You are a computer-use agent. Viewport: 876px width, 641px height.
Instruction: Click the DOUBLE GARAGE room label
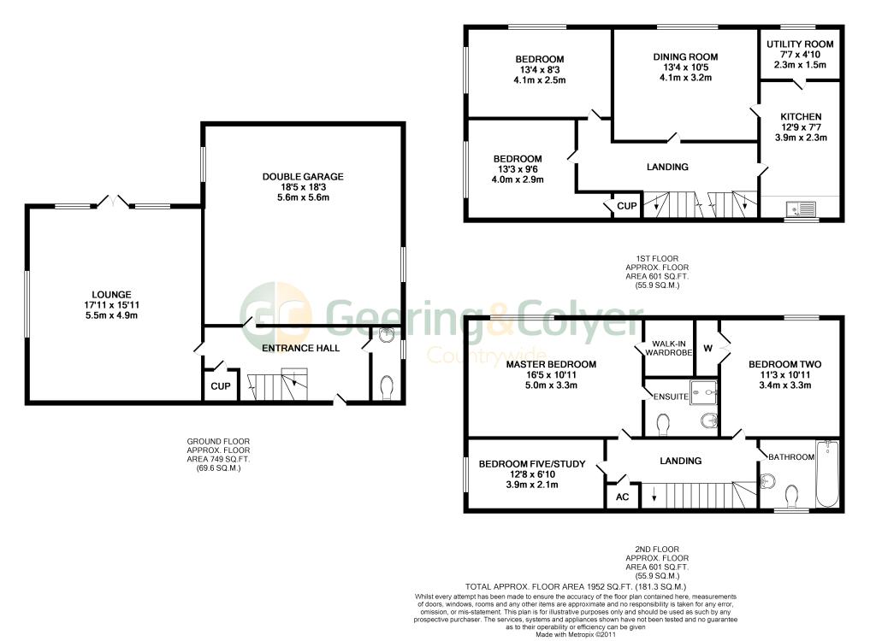(303, 177)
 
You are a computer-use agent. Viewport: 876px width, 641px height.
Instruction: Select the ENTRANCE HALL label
(300, 348)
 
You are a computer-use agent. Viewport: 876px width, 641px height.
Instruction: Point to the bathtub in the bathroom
(826, 475)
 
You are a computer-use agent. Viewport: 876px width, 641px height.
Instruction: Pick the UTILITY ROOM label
(800, 44)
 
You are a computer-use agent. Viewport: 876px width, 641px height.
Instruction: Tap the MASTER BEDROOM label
(550, 364)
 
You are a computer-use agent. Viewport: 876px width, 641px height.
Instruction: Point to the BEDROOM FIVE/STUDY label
(531, 464)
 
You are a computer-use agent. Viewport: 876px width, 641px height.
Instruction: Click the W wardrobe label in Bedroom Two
(707, 348)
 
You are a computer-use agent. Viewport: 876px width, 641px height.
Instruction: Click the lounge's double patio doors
(114, 202)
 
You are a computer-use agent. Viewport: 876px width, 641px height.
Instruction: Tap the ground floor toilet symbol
(387, 387)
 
